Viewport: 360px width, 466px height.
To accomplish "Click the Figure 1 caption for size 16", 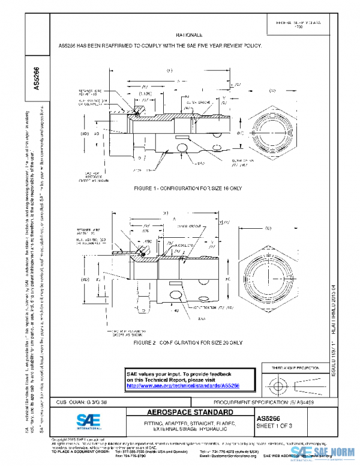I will (x=189, y=189).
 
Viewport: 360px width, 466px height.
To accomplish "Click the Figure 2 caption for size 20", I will (x=188, y=342).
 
